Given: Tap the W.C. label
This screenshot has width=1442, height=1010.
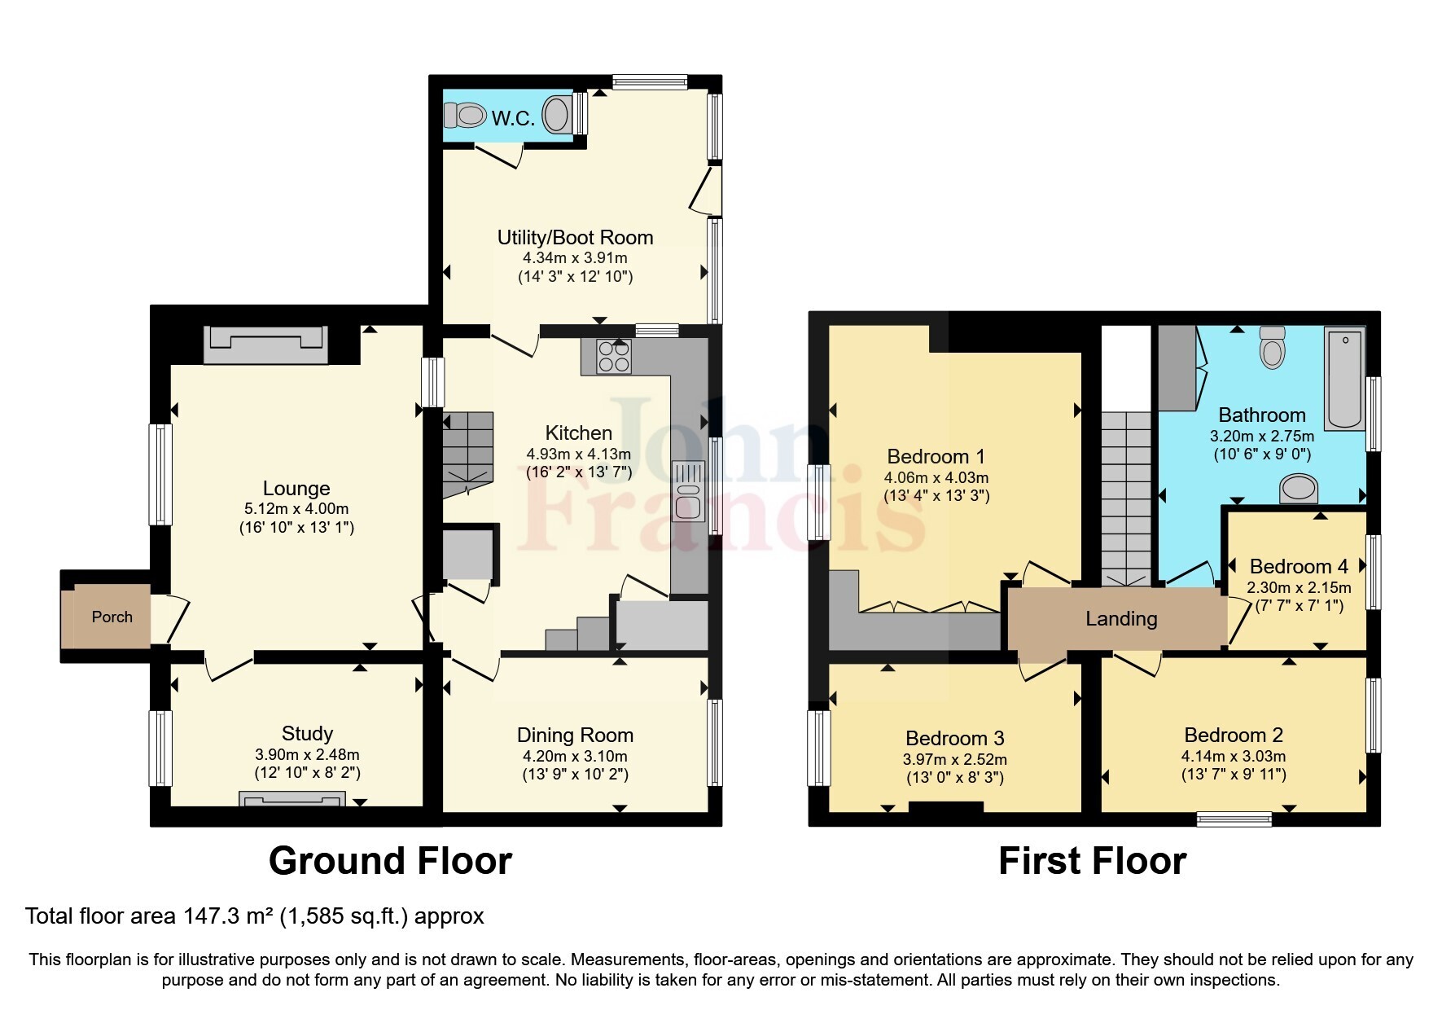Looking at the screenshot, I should (x=513, y=119).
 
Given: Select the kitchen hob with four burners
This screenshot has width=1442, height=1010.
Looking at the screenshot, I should (x=614, y=356).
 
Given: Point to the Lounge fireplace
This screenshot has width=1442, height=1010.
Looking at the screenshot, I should (x=265, y=344).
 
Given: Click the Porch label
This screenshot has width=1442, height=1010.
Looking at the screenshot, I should (x=112, y=617).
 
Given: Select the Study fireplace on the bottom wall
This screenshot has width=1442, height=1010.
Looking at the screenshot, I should (x=291, y=798).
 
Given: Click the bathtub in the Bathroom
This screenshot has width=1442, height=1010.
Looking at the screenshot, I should (x=1344, y=378).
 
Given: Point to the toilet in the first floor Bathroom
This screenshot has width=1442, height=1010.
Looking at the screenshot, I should (x=1271, y=349).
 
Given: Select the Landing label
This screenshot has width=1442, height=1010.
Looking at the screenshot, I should (x=1120, y=619).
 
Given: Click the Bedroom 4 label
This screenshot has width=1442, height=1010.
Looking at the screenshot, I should (x=1298, y=566).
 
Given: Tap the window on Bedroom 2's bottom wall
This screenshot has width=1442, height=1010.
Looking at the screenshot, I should (x=1234, y=819).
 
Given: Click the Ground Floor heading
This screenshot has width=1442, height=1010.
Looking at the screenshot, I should (x=390, y=861).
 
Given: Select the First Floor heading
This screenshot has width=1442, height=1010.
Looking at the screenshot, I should (x=1092, y=861).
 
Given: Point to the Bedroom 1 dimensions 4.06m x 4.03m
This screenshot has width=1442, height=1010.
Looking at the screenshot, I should (x=936, y=478).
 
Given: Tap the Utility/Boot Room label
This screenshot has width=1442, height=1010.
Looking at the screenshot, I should (x=575, y=238).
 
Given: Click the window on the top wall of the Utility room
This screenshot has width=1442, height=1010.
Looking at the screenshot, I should (x=650, y=81).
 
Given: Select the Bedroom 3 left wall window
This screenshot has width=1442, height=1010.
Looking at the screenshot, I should (x=817, y=748).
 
